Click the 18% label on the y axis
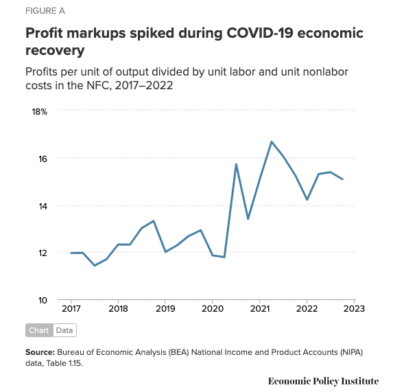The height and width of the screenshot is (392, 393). [39, 112]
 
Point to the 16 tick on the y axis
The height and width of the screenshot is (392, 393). [43, 159]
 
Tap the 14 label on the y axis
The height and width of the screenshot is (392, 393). [43, 207]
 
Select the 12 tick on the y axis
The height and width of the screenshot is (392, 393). [43, 253]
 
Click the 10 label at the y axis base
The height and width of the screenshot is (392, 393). [43, 300]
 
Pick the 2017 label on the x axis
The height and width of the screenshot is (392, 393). [71, 309]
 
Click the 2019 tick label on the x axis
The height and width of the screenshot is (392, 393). [165, 309]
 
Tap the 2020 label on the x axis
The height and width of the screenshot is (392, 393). [213, 309]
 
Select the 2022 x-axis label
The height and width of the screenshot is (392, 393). [307, 309]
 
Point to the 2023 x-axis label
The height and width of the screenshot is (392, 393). [354, 309]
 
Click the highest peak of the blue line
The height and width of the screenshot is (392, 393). [272, 141]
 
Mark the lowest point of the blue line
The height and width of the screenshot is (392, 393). [95, 266]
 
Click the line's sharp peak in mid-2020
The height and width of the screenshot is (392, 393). [236, 164]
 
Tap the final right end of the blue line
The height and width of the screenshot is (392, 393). [342, 179]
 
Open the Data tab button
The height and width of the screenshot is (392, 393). [64, 330]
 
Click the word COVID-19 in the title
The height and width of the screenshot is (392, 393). [260, 33]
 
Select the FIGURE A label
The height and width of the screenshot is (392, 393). [45, 11]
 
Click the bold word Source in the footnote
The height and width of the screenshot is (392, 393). [40, 352]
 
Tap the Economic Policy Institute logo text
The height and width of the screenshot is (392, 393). [323, 381]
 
